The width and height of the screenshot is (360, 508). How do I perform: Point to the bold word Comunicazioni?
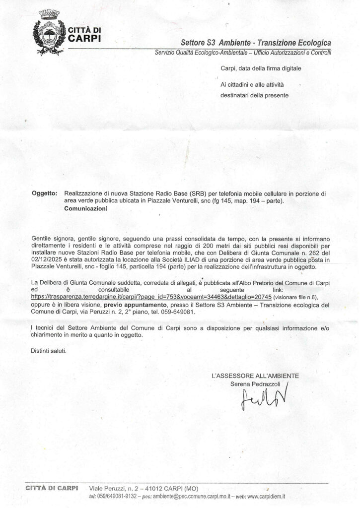coord(86,209)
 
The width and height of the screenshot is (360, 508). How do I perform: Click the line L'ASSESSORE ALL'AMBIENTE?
coord(255,376)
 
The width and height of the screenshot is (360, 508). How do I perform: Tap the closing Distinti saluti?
coord(48,351)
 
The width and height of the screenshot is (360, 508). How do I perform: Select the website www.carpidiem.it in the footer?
coord(266,497)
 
